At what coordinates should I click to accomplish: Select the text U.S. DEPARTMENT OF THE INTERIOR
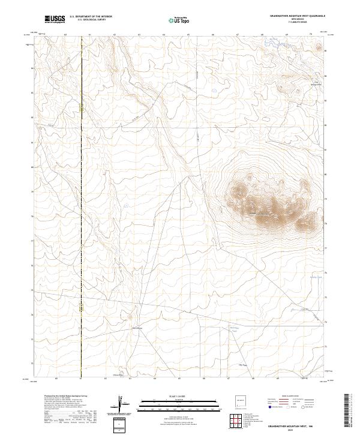pyautogui.click(x=91, y=17)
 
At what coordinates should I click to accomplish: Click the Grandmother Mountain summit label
pyautogui.click(x=262, y=214)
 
